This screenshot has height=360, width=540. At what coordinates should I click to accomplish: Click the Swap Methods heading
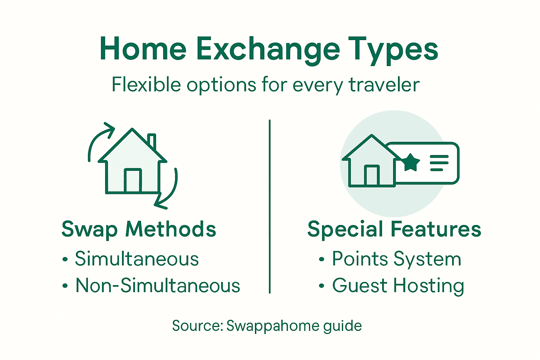coord(139,229)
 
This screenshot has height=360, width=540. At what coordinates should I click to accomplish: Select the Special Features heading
coord(394,229)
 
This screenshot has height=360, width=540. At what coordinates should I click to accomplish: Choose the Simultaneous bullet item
coord(137,259)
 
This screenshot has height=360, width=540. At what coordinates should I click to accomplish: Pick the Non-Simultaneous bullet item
coord(157,285)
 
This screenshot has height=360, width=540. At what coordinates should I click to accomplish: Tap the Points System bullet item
coord(396,259)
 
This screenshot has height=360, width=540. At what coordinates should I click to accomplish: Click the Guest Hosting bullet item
coord(398,285)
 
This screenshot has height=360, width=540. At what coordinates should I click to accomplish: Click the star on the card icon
coord(410,162)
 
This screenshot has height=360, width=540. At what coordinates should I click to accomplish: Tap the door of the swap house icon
coord(133,181)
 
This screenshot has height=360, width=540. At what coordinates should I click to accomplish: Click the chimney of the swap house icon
coord(152,141)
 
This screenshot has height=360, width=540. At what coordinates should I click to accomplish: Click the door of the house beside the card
coord(371,175)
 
